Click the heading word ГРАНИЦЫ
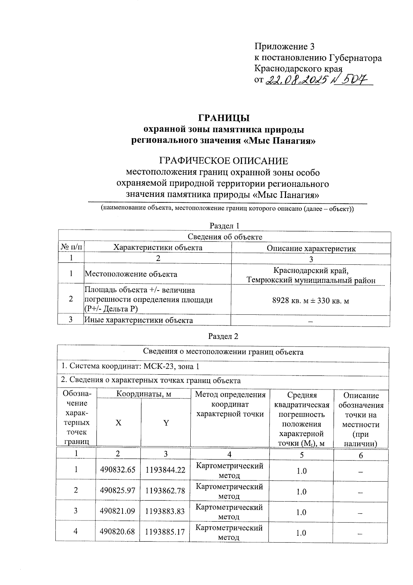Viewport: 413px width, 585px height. pos(223,118)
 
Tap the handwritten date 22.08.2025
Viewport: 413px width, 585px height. pos(296,80)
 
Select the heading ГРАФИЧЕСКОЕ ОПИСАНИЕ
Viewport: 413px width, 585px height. pos(223,161)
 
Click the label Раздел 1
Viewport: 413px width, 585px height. pos(224,226)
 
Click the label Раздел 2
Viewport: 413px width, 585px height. pos(223,336)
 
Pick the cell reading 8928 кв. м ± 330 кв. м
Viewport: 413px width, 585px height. pos(310,301)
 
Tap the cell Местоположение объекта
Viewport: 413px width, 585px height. pos(131,274)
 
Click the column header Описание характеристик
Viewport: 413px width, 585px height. pos(311,249)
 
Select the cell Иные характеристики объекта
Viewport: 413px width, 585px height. pos(139,320)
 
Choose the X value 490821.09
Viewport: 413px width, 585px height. pos(118,511)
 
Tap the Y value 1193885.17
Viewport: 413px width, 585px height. pos(165,532)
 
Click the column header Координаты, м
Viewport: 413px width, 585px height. pos(144,394)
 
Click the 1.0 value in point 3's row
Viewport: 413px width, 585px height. pos(301,512)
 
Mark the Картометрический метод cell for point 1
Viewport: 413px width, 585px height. pos(230,470)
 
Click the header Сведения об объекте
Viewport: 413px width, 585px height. pos(225,237)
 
